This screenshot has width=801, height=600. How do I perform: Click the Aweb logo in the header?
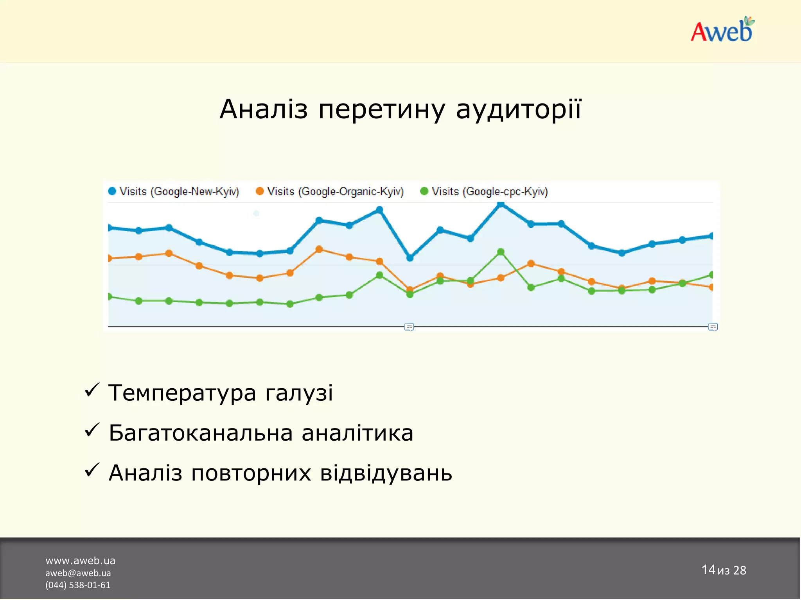tap(722, 30)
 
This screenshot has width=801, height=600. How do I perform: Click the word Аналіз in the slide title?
tap(264, 109)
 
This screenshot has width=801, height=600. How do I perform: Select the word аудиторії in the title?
tap(519, 109)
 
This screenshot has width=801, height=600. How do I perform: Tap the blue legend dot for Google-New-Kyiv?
tap(112, 191)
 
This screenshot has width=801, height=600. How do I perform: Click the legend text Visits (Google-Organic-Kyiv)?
tap(335, 192)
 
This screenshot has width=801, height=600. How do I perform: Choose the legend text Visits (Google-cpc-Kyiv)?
tap(490, 192)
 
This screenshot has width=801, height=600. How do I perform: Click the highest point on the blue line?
tap(500, 204)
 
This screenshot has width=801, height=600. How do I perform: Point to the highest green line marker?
tap(501, 252)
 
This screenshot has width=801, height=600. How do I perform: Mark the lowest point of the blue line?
tap(410, 258)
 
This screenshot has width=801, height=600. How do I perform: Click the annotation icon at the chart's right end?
tap(713, 327)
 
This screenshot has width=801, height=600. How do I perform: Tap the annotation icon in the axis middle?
tap(409, 327)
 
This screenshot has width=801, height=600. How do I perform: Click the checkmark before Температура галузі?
tap(92, 390)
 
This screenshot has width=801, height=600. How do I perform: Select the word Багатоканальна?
tap(201, 433)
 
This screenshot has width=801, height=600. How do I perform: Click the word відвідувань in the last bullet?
tap(386, 473)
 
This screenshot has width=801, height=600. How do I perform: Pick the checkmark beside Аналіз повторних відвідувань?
tap(92, 470)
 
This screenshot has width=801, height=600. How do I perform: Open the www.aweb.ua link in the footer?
tap(80, 561)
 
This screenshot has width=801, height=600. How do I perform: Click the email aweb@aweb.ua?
tap(78, 573)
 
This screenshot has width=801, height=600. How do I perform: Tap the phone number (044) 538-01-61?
tap(78, 585)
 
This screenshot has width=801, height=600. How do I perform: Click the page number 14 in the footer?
tap(708, 570)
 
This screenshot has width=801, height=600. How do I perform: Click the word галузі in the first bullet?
tap(299, 393)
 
